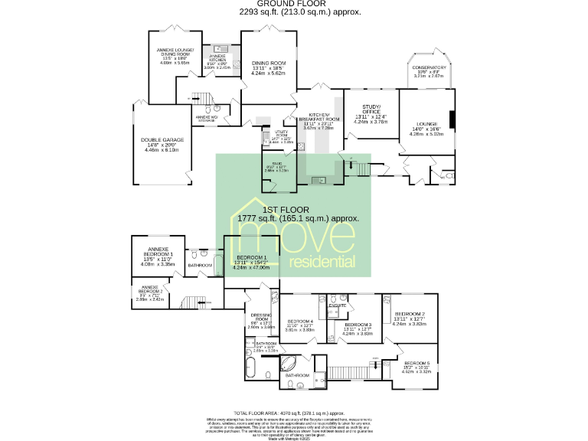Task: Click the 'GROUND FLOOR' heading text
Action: pyautogui.click(x=295, y=4)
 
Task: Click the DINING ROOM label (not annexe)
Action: pyautogui.click(x=268, y=63)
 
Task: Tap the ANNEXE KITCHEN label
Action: pyautogui.click(x=218, y=57)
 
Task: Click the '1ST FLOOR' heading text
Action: pyautogui.click(x=286, y=209)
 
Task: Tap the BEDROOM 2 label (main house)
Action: pyautogui.click(x=409, y=314)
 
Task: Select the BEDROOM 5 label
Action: pyautogui.click(x=416, y=363)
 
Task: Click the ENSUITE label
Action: pyautogui.click(x=337, y=305)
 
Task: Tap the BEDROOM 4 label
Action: pyautogui.click(x=299, y=321)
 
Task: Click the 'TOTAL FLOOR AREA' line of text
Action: pyautogui.click(x=294, y=411)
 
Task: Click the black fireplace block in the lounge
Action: pyautogui.click(x=451, y=120)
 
